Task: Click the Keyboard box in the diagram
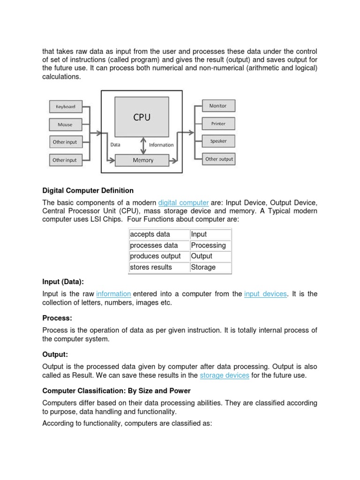point(65,107)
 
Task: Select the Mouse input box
point(65,125)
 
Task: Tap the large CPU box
point(142,117)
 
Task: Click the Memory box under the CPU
point(142,160)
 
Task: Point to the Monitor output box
point(218,106)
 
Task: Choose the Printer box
point(218,124)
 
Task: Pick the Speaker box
point(218,141)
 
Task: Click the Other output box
point(218,159)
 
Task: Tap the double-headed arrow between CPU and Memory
point(142,145)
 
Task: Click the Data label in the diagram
point(115,145)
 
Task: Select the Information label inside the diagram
point(161,145)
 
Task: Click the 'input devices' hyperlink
point(265,294)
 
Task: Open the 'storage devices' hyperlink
point(225,376)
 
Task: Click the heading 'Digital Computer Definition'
point(88,191)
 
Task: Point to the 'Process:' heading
point(57,318)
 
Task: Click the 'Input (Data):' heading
point(63,282)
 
